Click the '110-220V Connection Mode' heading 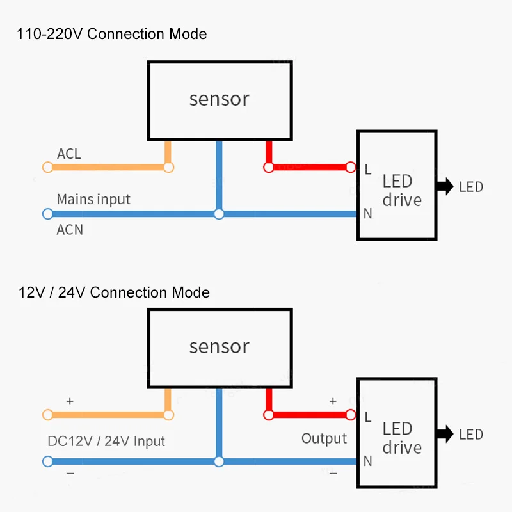(x=111, y=34)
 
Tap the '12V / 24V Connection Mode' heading (x=114, y=292)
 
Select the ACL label (x=69, y=154)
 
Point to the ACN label (x=70, y=230)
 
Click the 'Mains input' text (x=93, y=199)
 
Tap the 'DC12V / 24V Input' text (x=106, y=441)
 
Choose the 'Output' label (x=324, y=438)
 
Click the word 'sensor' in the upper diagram (x=220, y=99)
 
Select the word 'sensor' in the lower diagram (x=220, y=346)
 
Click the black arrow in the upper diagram (x=445, y=186)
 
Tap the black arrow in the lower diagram (x=445, y=434)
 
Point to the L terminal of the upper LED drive (x=368, y=169)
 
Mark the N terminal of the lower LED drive (x=368, y=461)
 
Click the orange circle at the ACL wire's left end (x=47, y=167)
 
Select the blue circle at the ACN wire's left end (x=47, y=214)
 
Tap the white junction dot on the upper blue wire (x=219, y=214)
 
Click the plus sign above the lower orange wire (x=70, y=401)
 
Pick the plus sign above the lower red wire (x=333, y=401)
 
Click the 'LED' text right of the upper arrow (x=471, y=187)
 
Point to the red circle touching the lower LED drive (x=351, y=415)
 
